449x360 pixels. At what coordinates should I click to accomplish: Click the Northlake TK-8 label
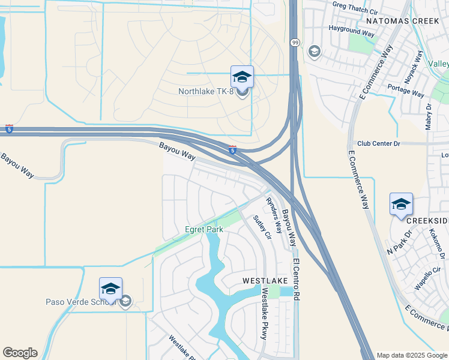[206, 92]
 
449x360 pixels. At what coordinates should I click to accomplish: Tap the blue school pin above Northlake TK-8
[242, 77]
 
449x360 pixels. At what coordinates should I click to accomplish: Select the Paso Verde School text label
[80, 301]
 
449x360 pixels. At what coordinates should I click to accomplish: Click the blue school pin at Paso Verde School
[111, 289]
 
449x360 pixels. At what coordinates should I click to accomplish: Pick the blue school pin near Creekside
[401, 205]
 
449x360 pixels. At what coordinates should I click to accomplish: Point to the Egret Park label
[203, 229]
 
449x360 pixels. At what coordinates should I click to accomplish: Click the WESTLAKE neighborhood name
[262, 281]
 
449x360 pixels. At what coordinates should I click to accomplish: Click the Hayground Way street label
[352, 31]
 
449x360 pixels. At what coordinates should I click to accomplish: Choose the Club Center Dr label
[378, 144]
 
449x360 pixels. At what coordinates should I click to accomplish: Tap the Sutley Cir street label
[263, 227]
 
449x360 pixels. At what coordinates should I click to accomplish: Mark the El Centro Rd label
[296, 279]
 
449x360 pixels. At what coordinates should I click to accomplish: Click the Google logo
[20, 353]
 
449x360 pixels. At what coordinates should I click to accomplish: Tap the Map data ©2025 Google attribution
[412, 355]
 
